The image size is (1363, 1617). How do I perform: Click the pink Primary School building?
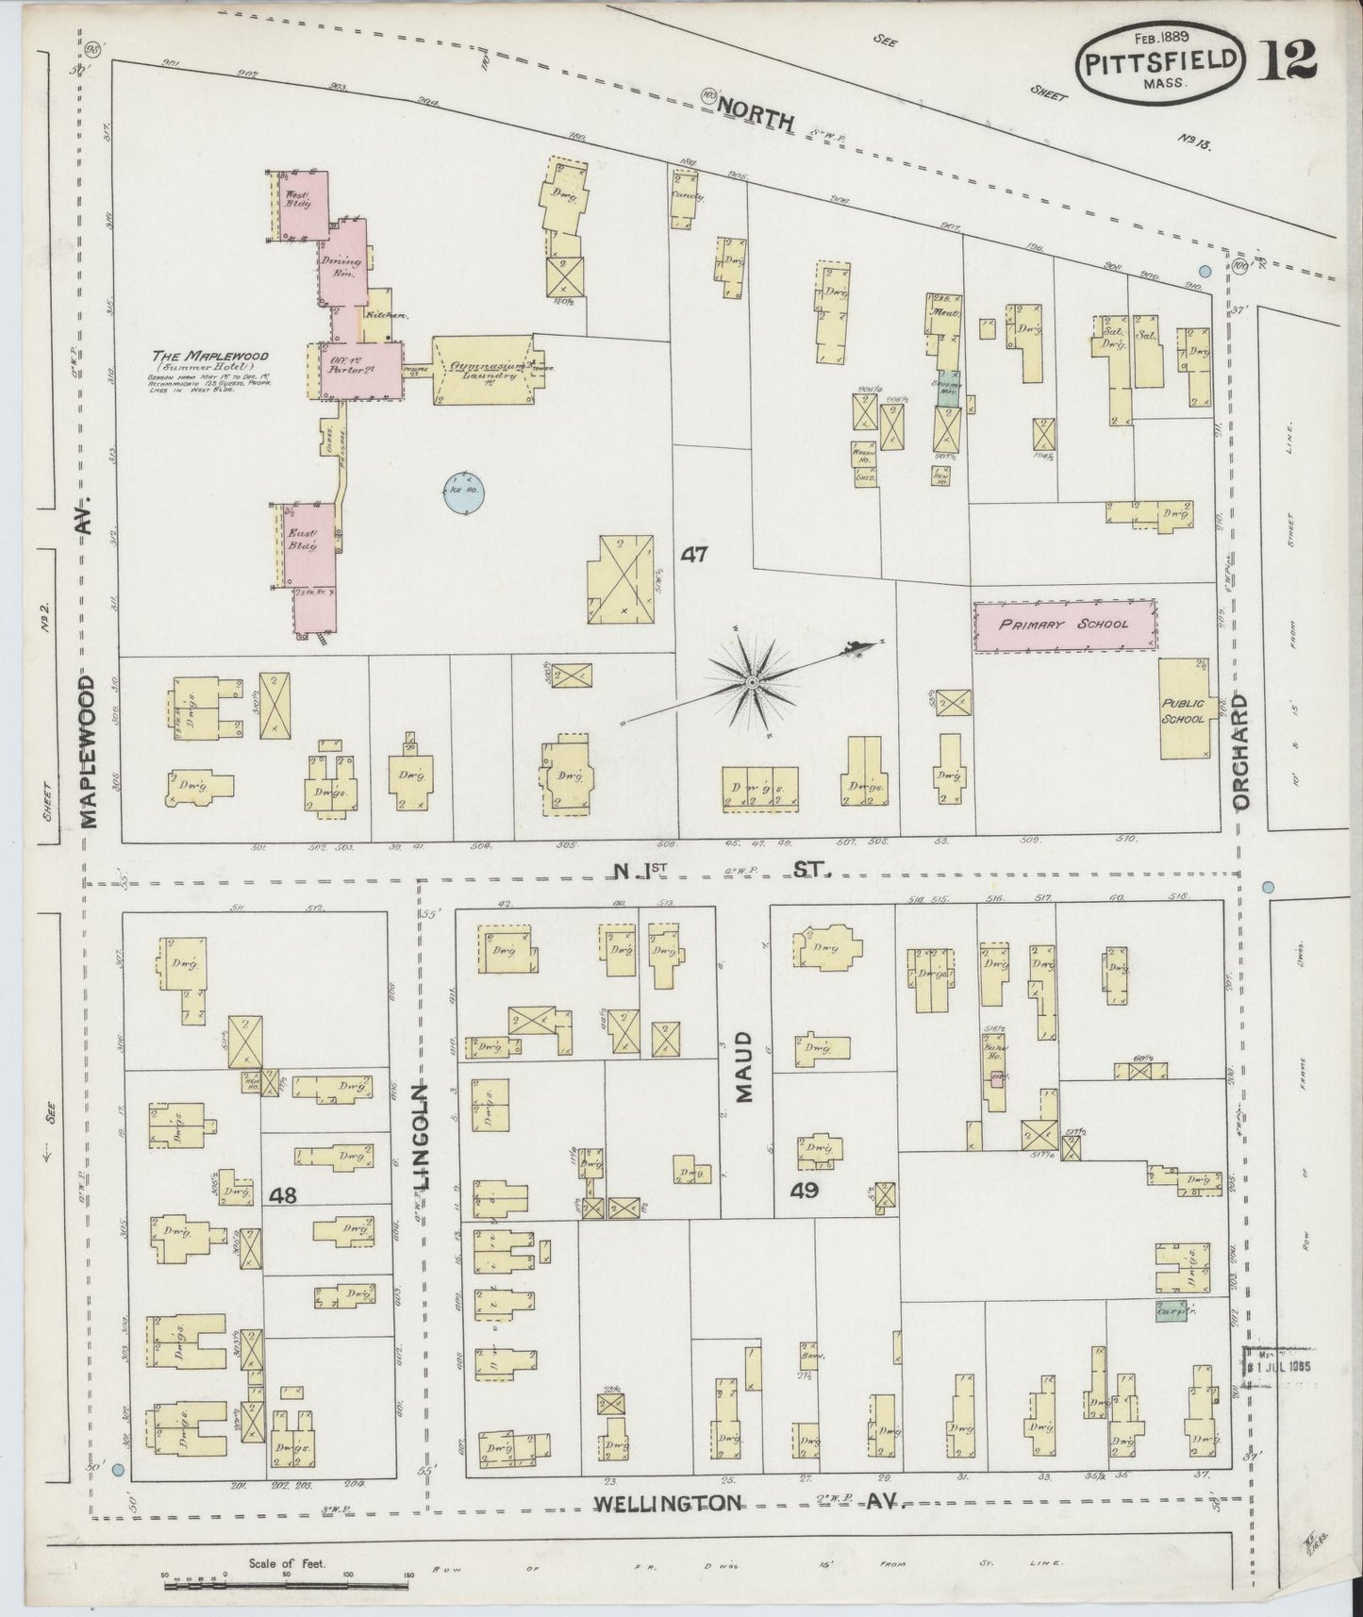tap(1064, 625)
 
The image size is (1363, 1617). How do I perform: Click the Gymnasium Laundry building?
tap(483, 370)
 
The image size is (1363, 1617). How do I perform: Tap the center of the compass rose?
tap(752, 681)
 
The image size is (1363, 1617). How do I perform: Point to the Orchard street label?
tap(1239, 752)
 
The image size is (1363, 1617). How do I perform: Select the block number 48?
tap(282, 1195)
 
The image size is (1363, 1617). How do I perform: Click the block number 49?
tap(804, 1191)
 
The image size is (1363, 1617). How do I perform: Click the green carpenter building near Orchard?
tap(1171, 1311)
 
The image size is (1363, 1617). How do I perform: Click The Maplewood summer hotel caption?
tap(210, 357)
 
